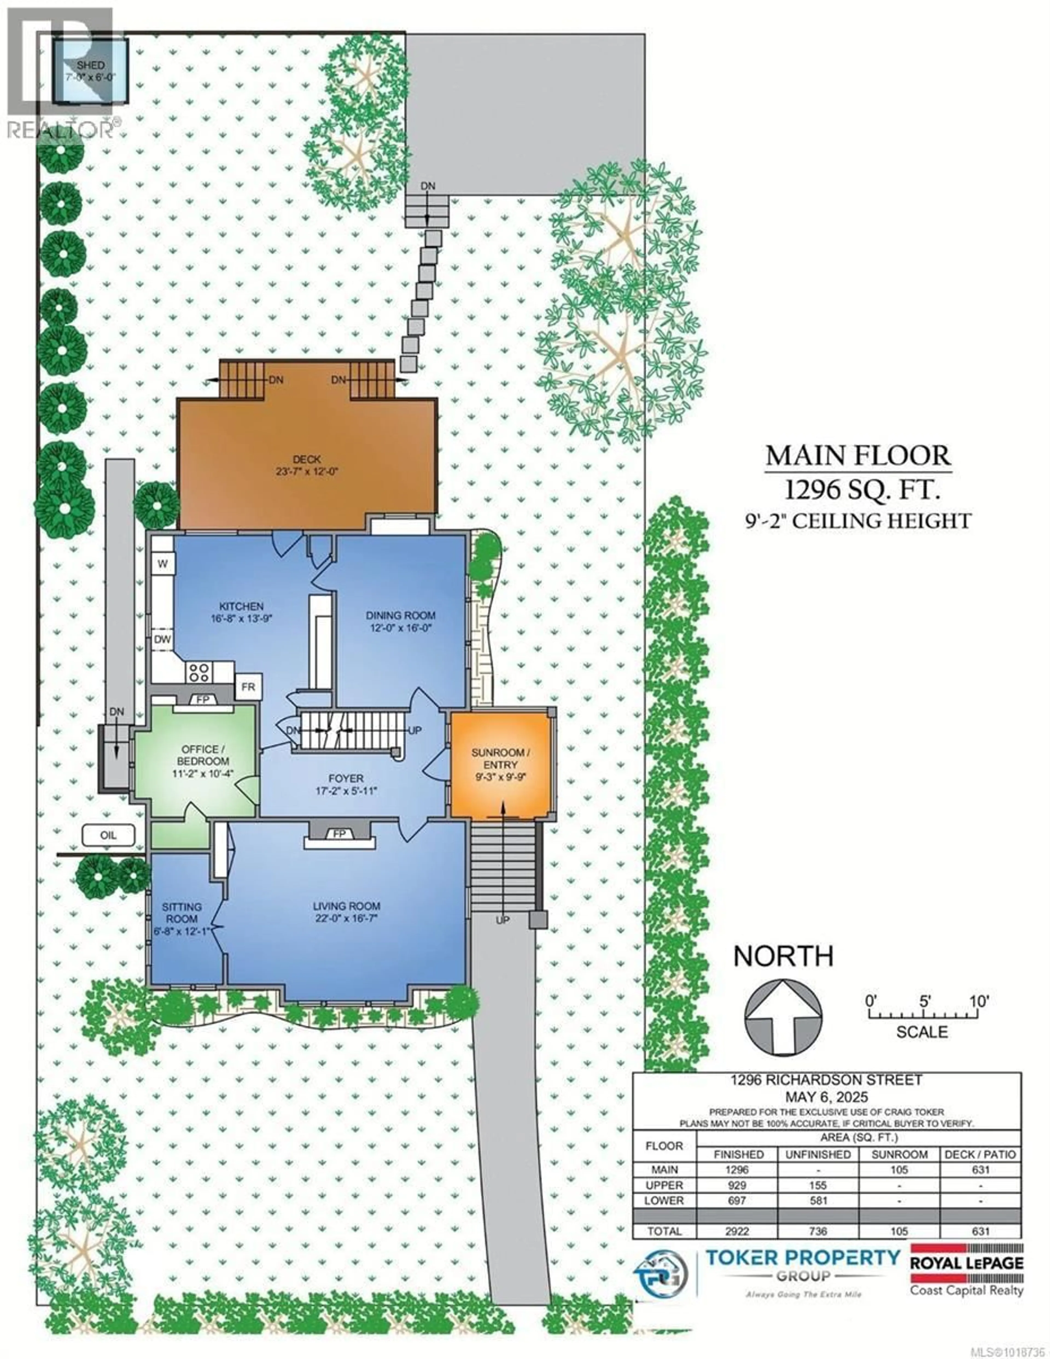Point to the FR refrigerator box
click(248, 687)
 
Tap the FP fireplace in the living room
click(339, 834)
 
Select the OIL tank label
click(108, 835)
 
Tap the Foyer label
click(346, 778)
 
